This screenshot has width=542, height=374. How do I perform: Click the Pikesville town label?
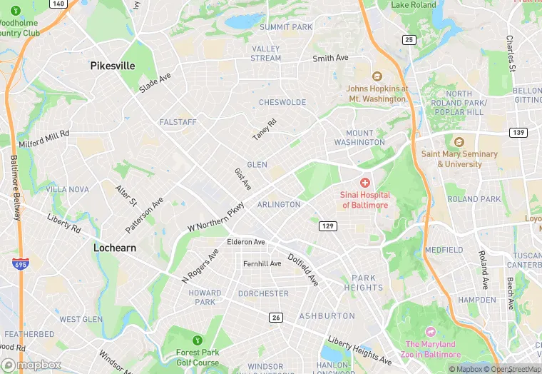point(113,66)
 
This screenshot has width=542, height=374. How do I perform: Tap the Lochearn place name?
point(114,248)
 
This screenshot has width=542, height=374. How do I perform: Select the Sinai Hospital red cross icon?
point(365,183)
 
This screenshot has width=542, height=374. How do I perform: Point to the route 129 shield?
point(327,226)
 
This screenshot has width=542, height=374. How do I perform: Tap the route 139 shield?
point(518,133)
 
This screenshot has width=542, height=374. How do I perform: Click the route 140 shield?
point(59,4)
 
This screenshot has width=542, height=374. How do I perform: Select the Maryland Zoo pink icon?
point(430,332)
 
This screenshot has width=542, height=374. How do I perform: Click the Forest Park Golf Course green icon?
point(197,339)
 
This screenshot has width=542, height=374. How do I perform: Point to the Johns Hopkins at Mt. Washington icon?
point(377,76)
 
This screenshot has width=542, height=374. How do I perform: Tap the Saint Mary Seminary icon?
point(459,142)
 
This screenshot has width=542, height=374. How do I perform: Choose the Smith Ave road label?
point(330,58)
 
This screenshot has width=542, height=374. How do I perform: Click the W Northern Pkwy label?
point(215,216)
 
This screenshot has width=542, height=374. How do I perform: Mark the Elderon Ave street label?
point(245,242)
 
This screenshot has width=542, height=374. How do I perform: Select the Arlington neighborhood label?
point(279,205)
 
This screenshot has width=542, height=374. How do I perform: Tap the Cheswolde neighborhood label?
point(282,103)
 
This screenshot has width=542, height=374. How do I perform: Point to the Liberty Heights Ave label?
point(359,350)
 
